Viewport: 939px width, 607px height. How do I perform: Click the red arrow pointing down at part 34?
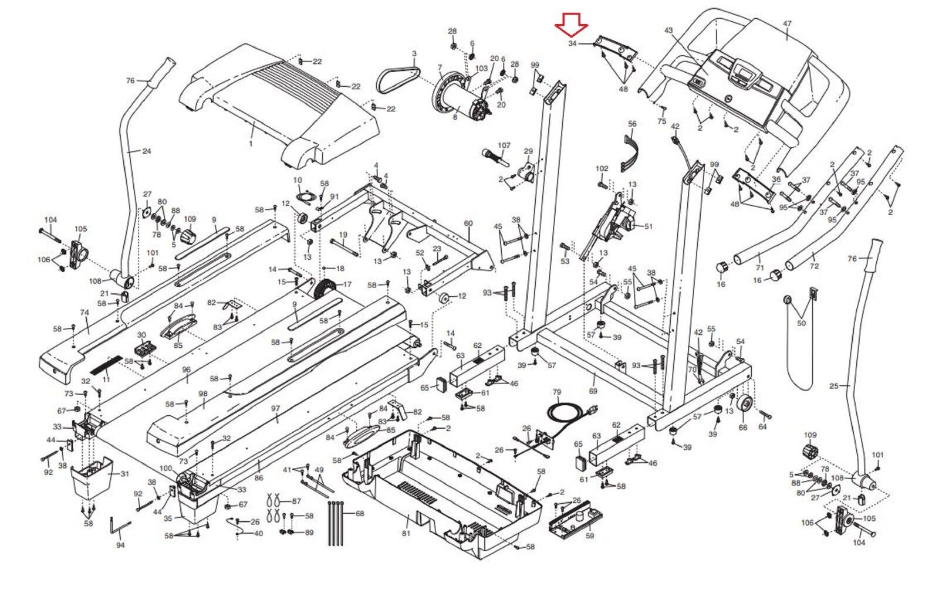click(x=572, y=24)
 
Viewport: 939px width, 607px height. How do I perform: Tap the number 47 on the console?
click(x=787, y=24)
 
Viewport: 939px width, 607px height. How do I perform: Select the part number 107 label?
click(x=504, y=145)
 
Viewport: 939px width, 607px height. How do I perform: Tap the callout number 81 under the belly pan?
click(x=406, y=533)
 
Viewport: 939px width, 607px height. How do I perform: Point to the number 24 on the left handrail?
click(x=146, y=151)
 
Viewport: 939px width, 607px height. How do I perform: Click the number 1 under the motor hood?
click(x=251, y=144)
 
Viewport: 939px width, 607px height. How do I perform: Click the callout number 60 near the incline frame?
click(x=468, y=223)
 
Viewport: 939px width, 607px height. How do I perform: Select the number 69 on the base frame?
click(x=593, y=391)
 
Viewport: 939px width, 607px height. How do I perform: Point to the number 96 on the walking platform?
click(x=187, y=369)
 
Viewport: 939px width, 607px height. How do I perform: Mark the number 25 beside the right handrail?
click(x=834, y=385)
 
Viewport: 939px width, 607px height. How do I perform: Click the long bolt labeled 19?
click(x=344, y=247)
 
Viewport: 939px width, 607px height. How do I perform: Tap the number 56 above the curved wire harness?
click(x=632, y=124)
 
